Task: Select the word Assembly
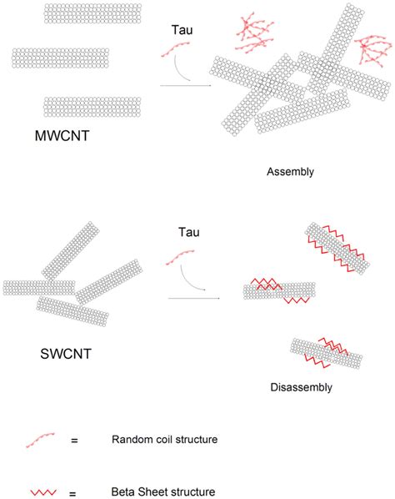290,173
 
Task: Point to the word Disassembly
302,387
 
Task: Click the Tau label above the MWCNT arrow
182,29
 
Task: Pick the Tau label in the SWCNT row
188,230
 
